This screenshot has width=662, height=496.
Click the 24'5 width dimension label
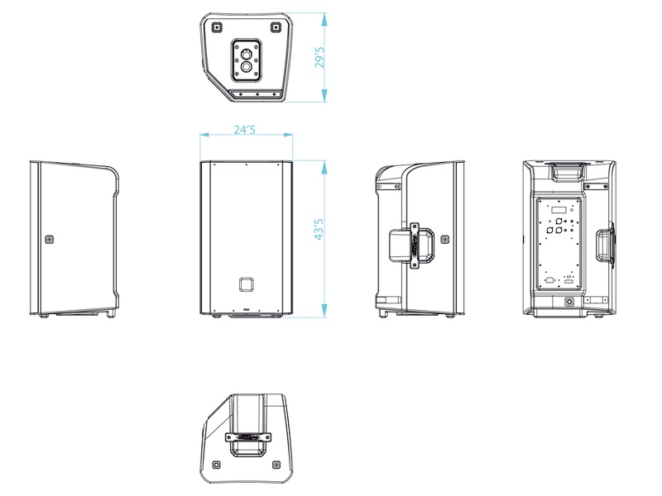[245, 129]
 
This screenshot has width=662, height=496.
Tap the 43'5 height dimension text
[319, 229]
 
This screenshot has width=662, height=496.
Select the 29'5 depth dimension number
[320, 57]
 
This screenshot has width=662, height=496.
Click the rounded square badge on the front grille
[246, 284]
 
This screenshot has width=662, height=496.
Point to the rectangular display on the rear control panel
[558, 210]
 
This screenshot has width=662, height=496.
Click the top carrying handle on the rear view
[567, 172]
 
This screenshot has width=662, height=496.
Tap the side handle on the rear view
[605, 245]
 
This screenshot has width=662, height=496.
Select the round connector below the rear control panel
[570, 302]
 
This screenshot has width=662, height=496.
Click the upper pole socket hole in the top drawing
[246, 55]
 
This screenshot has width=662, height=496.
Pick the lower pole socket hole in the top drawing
[246, 67]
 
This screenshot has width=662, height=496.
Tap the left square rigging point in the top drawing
[217, 27]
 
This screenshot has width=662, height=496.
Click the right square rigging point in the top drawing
[276, 27]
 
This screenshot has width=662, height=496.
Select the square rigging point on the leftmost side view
[50, 240]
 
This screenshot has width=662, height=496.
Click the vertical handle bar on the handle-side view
[415, 246]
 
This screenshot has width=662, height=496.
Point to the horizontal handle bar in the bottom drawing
[248, 437]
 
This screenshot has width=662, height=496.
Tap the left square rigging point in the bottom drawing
[217, 465]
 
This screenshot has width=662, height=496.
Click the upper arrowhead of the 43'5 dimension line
[324, 167]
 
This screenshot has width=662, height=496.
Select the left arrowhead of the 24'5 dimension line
[205, 135]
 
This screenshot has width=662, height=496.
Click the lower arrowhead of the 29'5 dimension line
[324, 95]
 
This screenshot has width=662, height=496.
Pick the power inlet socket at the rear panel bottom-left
[549, 280]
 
